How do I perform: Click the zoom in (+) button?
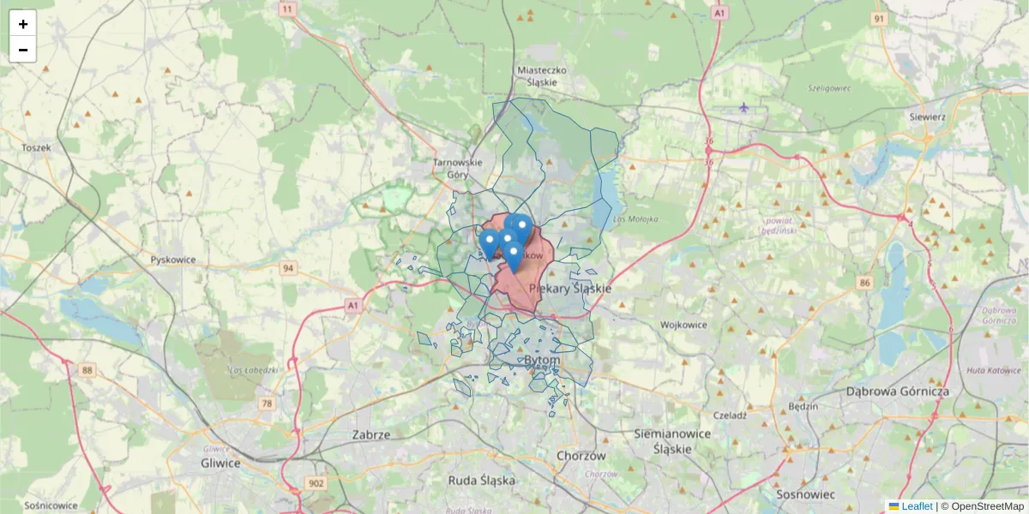click(23, 24)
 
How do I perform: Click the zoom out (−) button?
click(23, 50)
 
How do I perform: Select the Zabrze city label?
click(371, 434)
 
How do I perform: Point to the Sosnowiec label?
click(804, 494)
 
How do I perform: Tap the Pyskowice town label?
click(173, 260)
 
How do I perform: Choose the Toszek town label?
click(37, 147)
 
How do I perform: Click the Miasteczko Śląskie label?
click(538, 76)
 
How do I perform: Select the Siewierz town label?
click(928, 117)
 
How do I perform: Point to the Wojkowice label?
click(683, 326)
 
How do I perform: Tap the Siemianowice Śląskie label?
click(672, 440)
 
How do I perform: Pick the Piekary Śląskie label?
click(571, 289)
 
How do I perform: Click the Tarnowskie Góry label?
click(458, 168)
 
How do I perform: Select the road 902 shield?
click(316, 484)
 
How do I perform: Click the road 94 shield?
click(289, 268)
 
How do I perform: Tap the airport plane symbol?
click(743, 107)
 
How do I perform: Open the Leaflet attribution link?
click(916, 506)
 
